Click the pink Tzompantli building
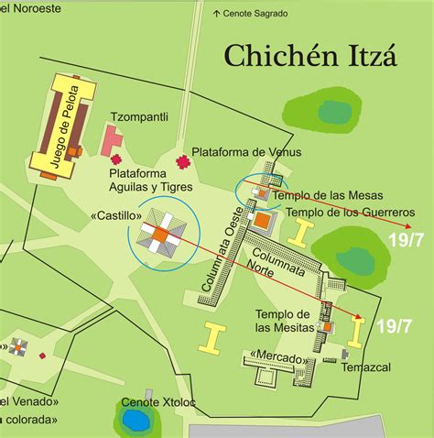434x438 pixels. pyautogui.click(x=113, y=140)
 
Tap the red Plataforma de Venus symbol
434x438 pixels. pyautogui.click(x=182, y=163)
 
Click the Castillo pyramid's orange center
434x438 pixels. pyautogui.click(x=159, y=235)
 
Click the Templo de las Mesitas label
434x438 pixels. pyautogui.click(x=285, y=320)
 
